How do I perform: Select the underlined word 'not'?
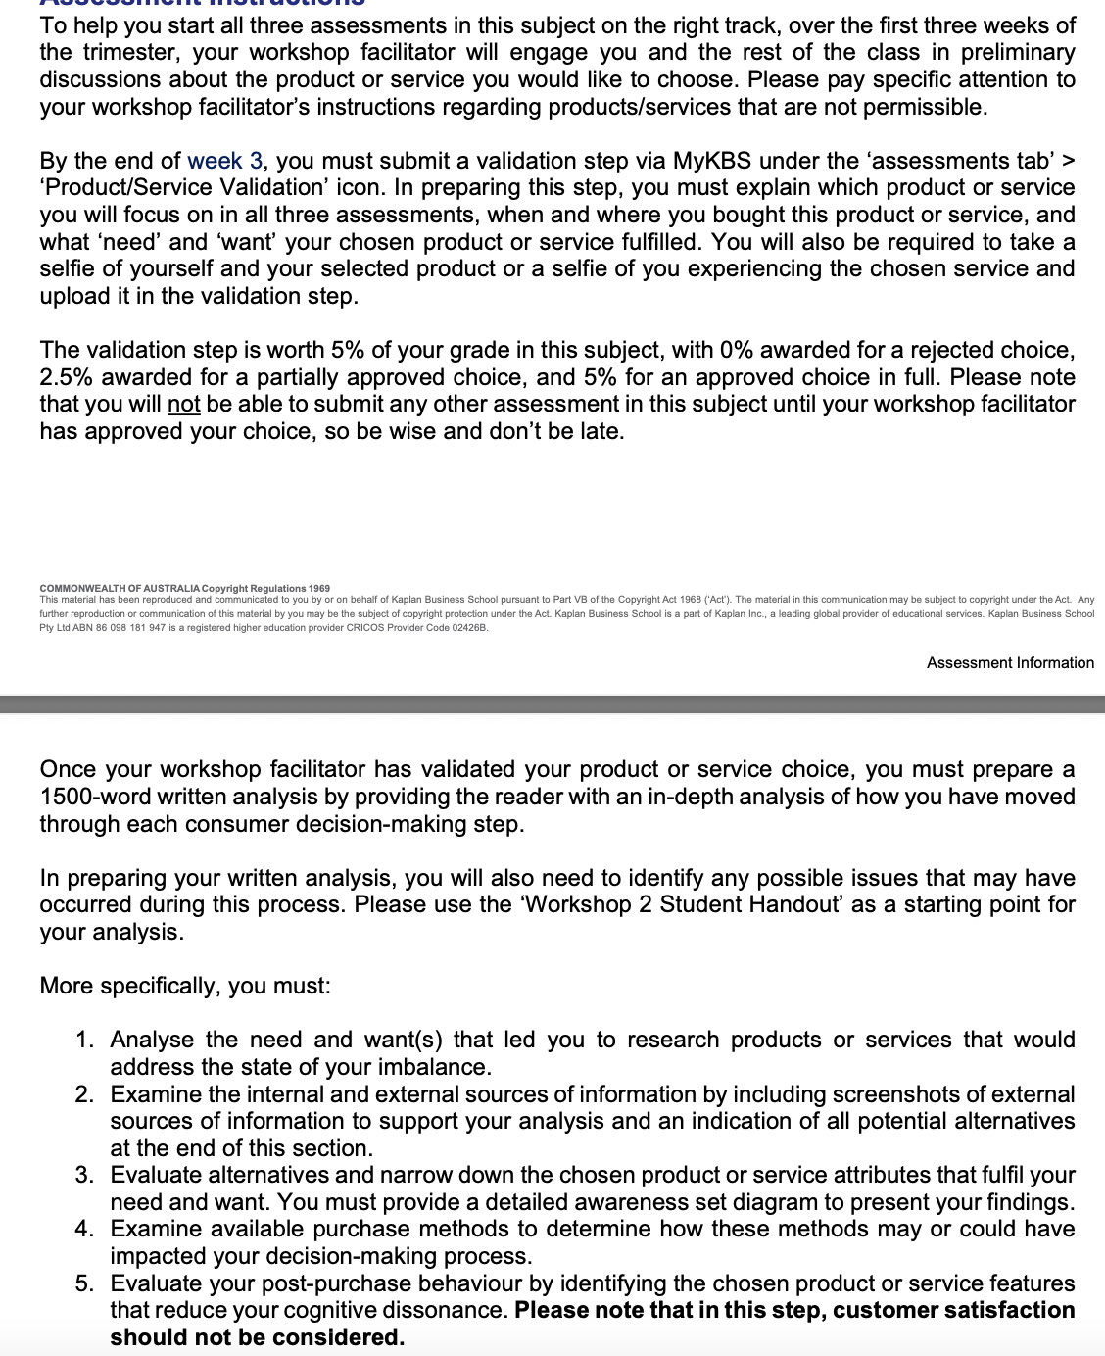(183, 405)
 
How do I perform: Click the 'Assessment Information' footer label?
(1010, 663)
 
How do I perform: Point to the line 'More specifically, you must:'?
(185, 986)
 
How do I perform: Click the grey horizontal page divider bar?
(552, 704)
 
